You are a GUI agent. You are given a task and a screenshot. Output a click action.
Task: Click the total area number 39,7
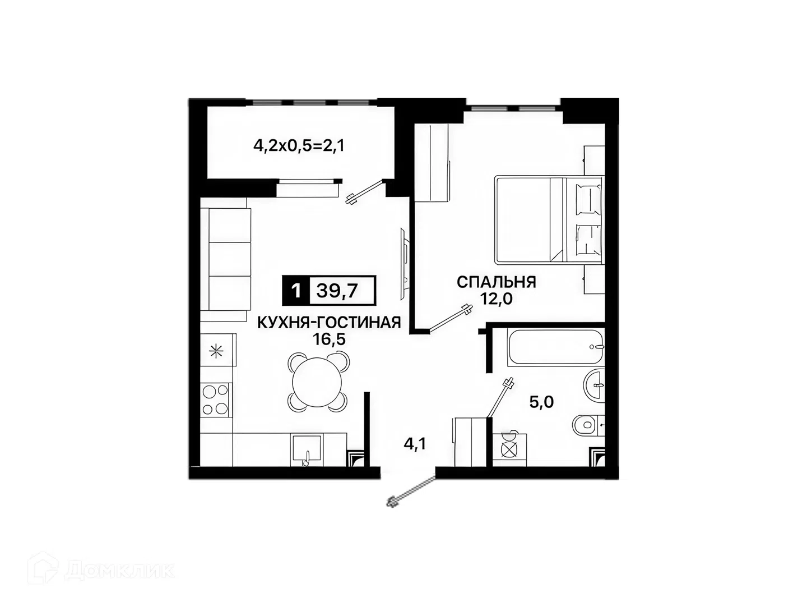click(x=337, y=291)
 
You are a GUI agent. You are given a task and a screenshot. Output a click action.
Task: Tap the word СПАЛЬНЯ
click(x=497, y=282)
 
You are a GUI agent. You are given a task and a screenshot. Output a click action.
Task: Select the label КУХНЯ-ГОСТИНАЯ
click(x=328, y=323)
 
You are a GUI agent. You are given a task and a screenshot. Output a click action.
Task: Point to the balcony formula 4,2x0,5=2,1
click(x=299, y=146)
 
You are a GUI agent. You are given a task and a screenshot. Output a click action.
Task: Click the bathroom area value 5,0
click(x=541, y=402)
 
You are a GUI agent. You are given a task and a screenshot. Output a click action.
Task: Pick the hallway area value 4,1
click(x=415, y=444)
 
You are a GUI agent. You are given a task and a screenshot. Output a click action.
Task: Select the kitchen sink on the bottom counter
click(x=307, y=450)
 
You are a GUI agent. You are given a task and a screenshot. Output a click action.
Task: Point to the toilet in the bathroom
click(x=588, y=425)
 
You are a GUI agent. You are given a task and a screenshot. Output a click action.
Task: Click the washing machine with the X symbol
click(x=509, y=449)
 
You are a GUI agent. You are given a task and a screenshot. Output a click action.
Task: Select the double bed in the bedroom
click(x=549, y=219)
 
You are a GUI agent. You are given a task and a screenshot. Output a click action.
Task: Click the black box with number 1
click(x=296, y=291)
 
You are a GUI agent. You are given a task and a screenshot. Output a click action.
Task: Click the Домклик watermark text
click(x=121, y=568)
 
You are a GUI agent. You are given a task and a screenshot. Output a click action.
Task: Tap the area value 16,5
click(x=329, y=339)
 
